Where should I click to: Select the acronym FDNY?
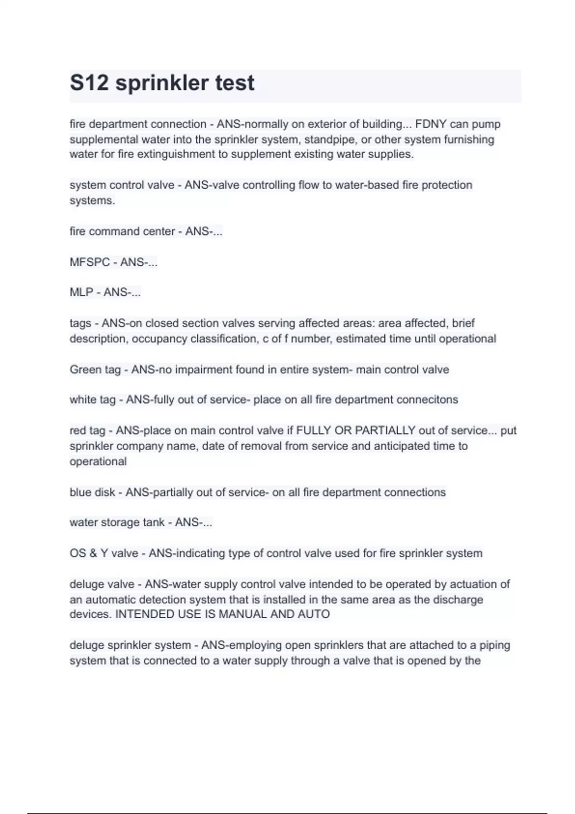coord(431,124)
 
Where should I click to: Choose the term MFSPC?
coord(90,262)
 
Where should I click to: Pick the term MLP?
coord(81,292)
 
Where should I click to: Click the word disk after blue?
coord(105,492)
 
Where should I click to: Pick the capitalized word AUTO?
coord(314,614)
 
